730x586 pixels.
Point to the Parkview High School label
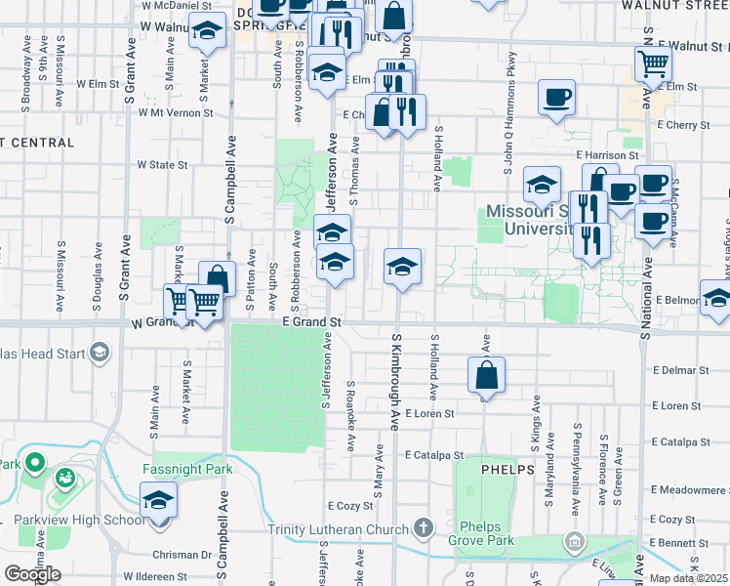click(x=78, y=520)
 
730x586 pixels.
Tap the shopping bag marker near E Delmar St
click(x=486, y=376)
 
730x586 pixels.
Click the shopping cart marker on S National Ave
click(x=653, y=64)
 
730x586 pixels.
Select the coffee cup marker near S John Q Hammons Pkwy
click(x=556, y=98)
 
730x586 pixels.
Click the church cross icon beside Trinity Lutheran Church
click(x=423, y=529)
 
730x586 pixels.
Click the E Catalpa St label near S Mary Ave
click(x=434, y=455)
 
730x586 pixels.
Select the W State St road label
click(x=162, y=165)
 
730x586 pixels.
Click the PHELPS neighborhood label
click(x=507, y=469)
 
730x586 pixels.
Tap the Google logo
click(x=31, y=573)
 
